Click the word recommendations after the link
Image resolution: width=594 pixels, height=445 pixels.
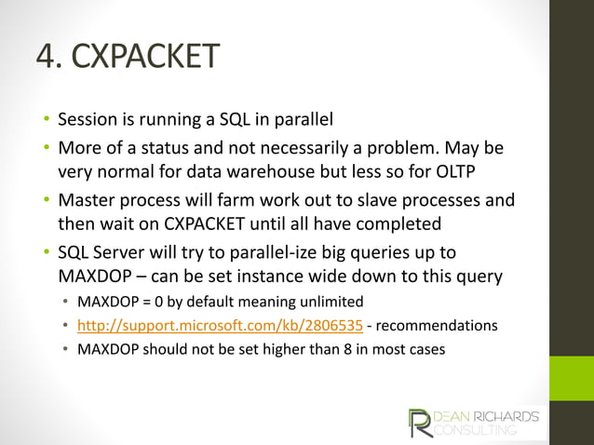(437, 327)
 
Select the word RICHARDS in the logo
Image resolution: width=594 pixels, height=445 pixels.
(507, 416)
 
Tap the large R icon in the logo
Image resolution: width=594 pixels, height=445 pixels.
(419, 424)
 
